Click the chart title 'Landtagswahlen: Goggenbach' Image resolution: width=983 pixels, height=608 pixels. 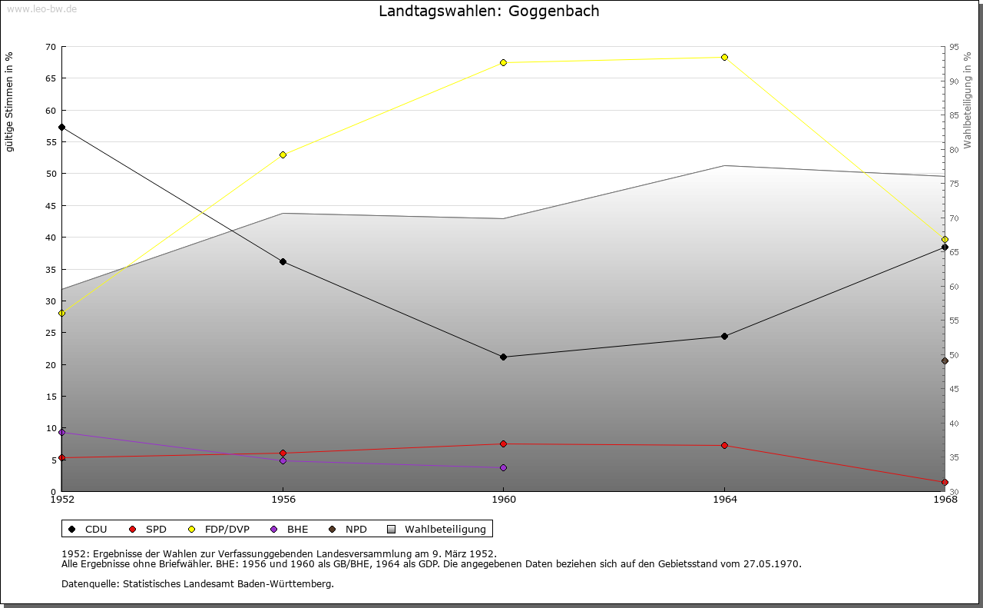tap(489, 12)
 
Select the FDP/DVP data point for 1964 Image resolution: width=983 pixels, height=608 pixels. tap(724, 57)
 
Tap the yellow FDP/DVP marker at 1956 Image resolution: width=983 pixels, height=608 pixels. tap(283, 154)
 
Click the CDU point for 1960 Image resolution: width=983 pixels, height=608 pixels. tap(503, 357)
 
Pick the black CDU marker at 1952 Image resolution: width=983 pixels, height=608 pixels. tap(61, 127)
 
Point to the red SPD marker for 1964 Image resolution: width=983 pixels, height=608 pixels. tap(724, 445)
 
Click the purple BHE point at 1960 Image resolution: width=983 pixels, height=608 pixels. tap(503, 467)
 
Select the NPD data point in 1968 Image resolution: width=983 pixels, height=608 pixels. tap(945, 360)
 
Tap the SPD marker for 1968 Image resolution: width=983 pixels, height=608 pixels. tap(945, 482)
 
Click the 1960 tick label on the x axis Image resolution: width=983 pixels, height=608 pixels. tap(503, 500)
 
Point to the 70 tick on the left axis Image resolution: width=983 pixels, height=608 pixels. tap(51, 47)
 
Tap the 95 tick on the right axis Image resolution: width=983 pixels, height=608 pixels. tap(953, 47)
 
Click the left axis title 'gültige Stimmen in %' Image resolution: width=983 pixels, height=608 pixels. tap(10, 101)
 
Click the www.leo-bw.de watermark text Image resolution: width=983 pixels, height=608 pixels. tap(41, 8)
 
